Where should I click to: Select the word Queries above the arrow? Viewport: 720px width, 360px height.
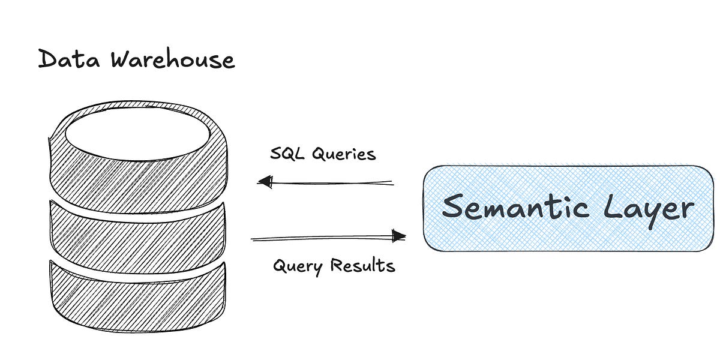344,155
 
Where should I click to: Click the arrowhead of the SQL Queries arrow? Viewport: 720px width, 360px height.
265,181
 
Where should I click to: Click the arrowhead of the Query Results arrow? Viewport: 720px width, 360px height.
398,236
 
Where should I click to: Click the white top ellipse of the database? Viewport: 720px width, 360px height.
138,134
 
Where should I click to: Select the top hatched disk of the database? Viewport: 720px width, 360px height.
138,177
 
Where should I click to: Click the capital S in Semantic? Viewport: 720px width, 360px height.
455,208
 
